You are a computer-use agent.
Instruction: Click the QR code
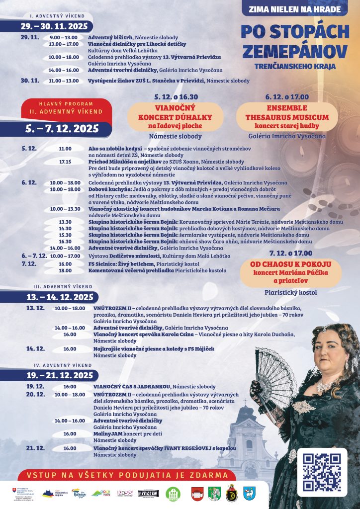[x=325, y=472]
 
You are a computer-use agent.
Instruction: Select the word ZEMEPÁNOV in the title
[x=295, y=51]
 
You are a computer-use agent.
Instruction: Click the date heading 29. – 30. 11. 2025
[x=54, y=26]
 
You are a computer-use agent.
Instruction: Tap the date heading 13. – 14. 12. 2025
[x=60, y=297]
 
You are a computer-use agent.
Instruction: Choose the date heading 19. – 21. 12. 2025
[x=60, y=375]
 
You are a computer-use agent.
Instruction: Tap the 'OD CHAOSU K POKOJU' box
[x=291, y=273]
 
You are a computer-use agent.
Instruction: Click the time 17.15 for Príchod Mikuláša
[x=65, y=162]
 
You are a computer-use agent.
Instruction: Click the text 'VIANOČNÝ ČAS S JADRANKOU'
[x=132, y=386]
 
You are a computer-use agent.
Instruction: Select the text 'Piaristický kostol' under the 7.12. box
[x=291, y=293]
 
